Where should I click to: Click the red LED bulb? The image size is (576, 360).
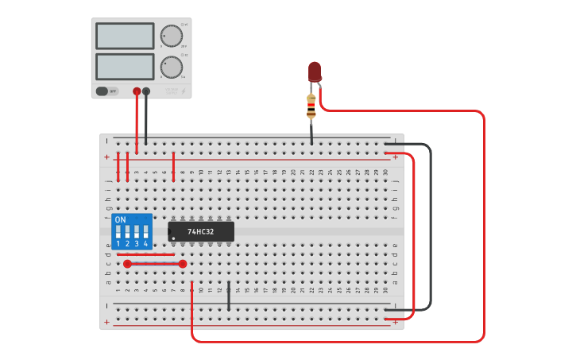[315, 71]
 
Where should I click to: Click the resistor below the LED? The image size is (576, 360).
[311, 106]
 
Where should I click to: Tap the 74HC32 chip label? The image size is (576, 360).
[200, 232]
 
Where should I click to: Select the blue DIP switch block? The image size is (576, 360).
[132, 231]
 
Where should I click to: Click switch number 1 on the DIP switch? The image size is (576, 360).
[118, 233]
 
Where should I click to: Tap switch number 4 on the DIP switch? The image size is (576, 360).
[145, 233]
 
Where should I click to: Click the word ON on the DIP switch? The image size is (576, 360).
[120, 219]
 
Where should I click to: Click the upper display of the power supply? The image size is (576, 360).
[125, 36]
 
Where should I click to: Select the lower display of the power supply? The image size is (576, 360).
[125, 66]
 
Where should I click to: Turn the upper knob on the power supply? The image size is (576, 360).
[171, 36]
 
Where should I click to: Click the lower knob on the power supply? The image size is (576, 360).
[171, 68]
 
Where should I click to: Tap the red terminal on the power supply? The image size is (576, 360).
[137, 91]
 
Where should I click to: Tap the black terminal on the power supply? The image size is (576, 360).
[146, 91]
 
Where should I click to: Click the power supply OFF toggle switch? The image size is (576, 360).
[103, 91]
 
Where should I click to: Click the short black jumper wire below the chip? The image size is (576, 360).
[229, 296]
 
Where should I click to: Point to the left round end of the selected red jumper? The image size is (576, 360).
[127, 263]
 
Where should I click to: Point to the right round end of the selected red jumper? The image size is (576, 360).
[183, 263]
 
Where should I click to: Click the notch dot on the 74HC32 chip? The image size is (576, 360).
[173, 238]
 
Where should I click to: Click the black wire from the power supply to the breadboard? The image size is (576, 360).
[146, 119]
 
